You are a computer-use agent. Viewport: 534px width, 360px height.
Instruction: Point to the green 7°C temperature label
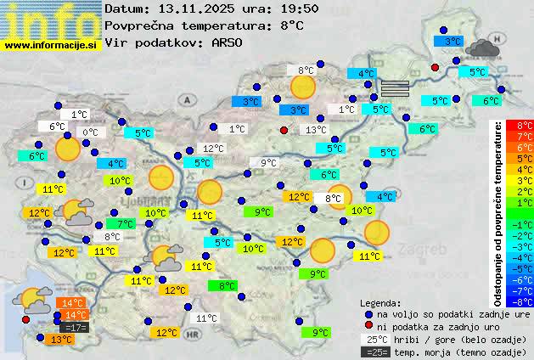click(x=125, y=224)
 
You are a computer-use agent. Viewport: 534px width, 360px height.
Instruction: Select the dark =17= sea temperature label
click(x=74, y=328)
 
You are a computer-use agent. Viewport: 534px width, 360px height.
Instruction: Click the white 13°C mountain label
click(x=316, y=130)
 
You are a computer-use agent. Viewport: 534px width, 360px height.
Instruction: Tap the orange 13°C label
click(x=61, y=340)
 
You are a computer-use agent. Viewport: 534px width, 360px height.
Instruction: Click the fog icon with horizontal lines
click(x=394, y=87)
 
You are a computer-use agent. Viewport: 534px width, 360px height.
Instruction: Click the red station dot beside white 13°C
click(x=284, y=130)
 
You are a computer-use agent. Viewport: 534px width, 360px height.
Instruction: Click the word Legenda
click(x=381, y=302)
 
